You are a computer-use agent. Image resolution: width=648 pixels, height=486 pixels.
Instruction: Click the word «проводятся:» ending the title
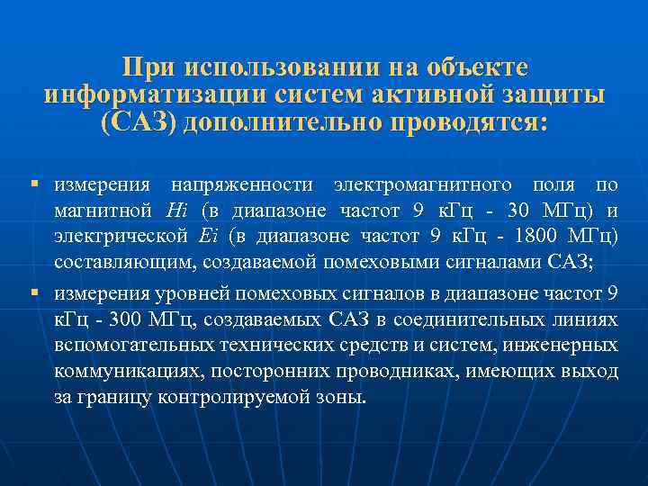tap(467, 121)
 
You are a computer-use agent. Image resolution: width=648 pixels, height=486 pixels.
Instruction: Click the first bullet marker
tap(34, 185)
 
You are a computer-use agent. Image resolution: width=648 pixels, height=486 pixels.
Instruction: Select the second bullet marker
tap(34, 293)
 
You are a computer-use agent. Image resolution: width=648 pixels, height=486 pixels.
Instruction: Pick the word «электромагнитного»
tap(431, 186)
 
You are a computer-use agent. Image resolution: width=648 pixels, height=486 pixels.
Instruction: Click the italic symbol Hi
tap(178, 212)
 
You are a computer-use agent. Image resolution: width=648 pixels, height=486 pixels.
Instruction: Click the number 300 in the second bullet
tap(125, 320)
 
